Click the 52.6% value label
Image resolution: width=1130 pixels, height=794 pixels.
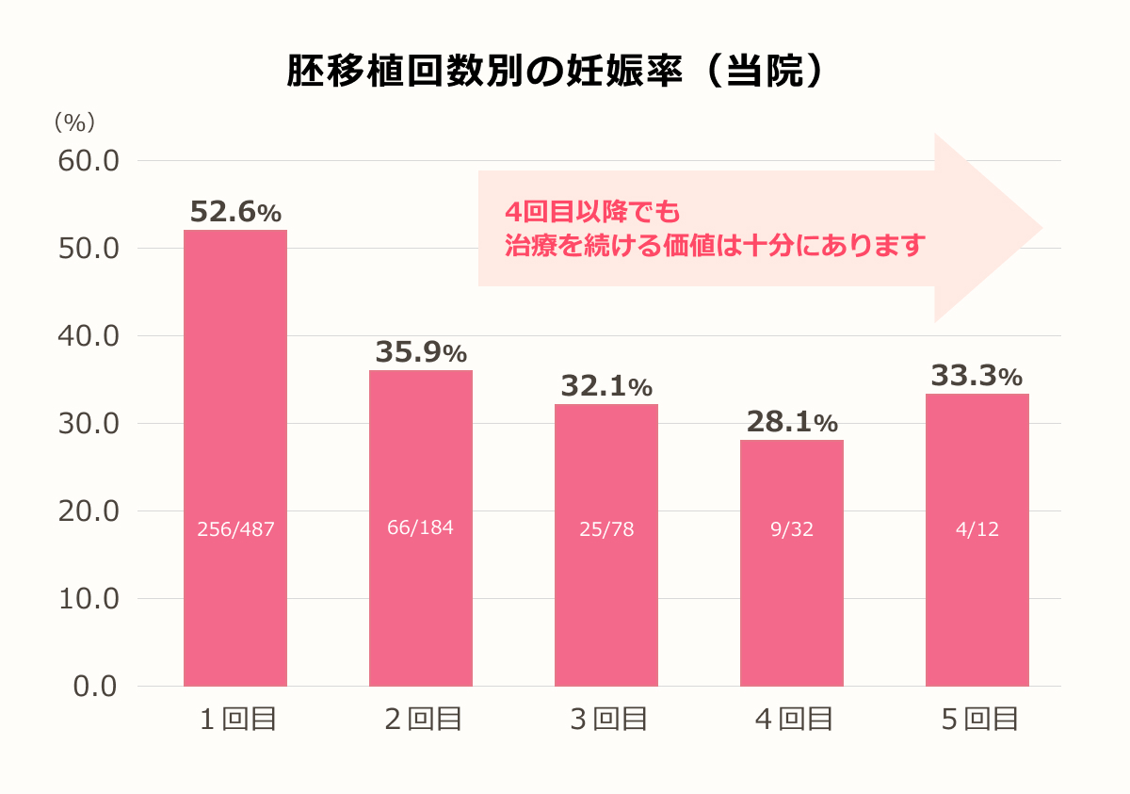click(x=235, y=212)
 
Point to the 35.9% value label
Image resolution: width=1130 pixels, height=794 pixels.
click(x=421, y=352)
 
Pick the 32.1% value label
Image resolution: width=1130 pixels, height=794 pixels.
click(x=606, y=386)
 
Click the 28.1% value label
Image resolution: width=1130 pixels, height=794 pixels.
click(x=791, y=422)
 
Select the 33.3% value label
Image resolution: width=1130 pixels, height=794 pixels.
click(x=977, y=376)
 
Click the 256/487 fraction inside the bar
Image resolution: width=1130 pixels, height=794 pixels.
click(x=235, y=529)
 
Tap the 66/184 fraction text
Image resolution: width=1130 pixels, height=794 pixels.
click(x=420, y=527)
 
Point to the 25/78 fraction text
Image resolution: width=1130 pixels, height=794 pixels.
click(x=606, y=529)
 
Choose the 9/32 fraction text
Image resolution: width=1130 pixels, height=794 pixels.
click(x=791, y=529)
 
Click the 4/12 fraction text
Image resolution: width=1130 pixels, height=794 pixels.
click(x=977, y=529)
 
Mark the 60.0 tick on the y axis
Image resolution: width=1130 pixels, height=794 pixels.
click(x=89, y=161)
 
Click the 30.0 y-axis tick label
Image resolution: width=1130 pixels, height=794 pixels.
click(x=89, y=424)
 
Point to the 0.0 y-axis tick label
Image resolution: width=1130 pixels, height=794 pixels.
click(x=95, y=687)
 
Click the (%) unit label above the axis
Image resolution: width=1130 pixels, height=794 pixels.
click(x=74, y=122)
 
